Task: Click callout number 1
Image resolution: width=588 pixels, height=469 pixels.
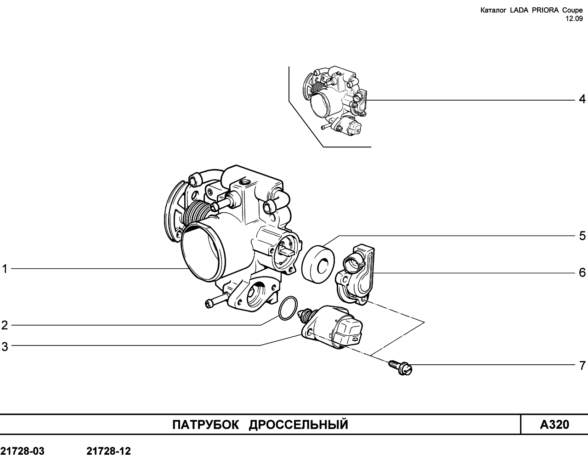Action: pos(5,269)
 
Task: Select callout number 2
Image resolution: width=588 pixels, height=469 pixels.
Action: pos(5,325)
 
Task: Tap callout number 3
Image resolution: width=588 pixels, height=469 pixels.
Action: pos(5,346)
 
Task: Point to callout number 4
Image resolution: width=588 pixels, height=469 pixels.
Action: pos(582,99)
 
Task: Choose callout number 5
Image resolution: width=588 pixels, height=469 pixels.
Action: pos(582,236)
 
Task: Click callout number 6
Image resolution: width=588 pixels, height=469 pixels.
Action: pos(582,272)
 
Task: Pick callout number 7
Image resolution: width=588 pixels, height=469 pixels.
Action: pos(582,365)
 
